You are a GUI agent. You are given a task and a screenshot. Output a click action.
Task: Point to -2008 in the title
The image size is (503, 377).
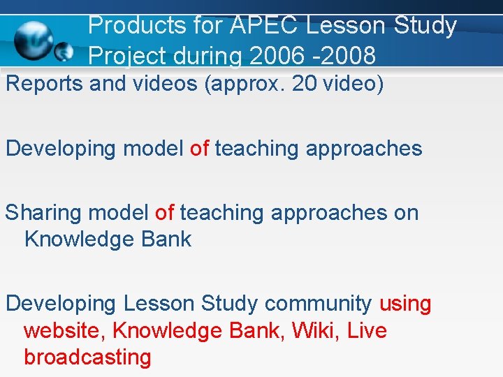342,54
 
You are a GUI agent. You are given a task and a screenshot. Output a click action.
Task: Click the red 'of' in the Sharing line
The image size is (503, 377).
165,213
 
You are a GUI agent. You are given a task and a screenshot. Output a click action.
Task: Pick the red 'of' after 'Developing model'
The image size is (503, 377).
199,149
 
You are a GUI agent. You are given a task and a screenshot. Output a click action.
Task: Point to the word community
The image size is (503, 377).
318,304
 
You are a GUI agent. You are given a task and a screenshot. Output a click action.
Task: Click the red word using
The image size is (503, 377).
405,304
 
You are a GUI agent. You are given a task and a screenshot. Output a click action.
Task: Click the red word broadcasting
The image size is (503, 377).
87,357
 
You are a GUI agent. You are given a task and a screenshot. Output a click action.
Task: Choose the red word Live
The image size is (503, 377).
367,330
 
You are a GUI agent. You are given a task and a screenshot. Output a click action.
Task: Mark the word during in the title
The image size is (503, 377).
214,54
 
